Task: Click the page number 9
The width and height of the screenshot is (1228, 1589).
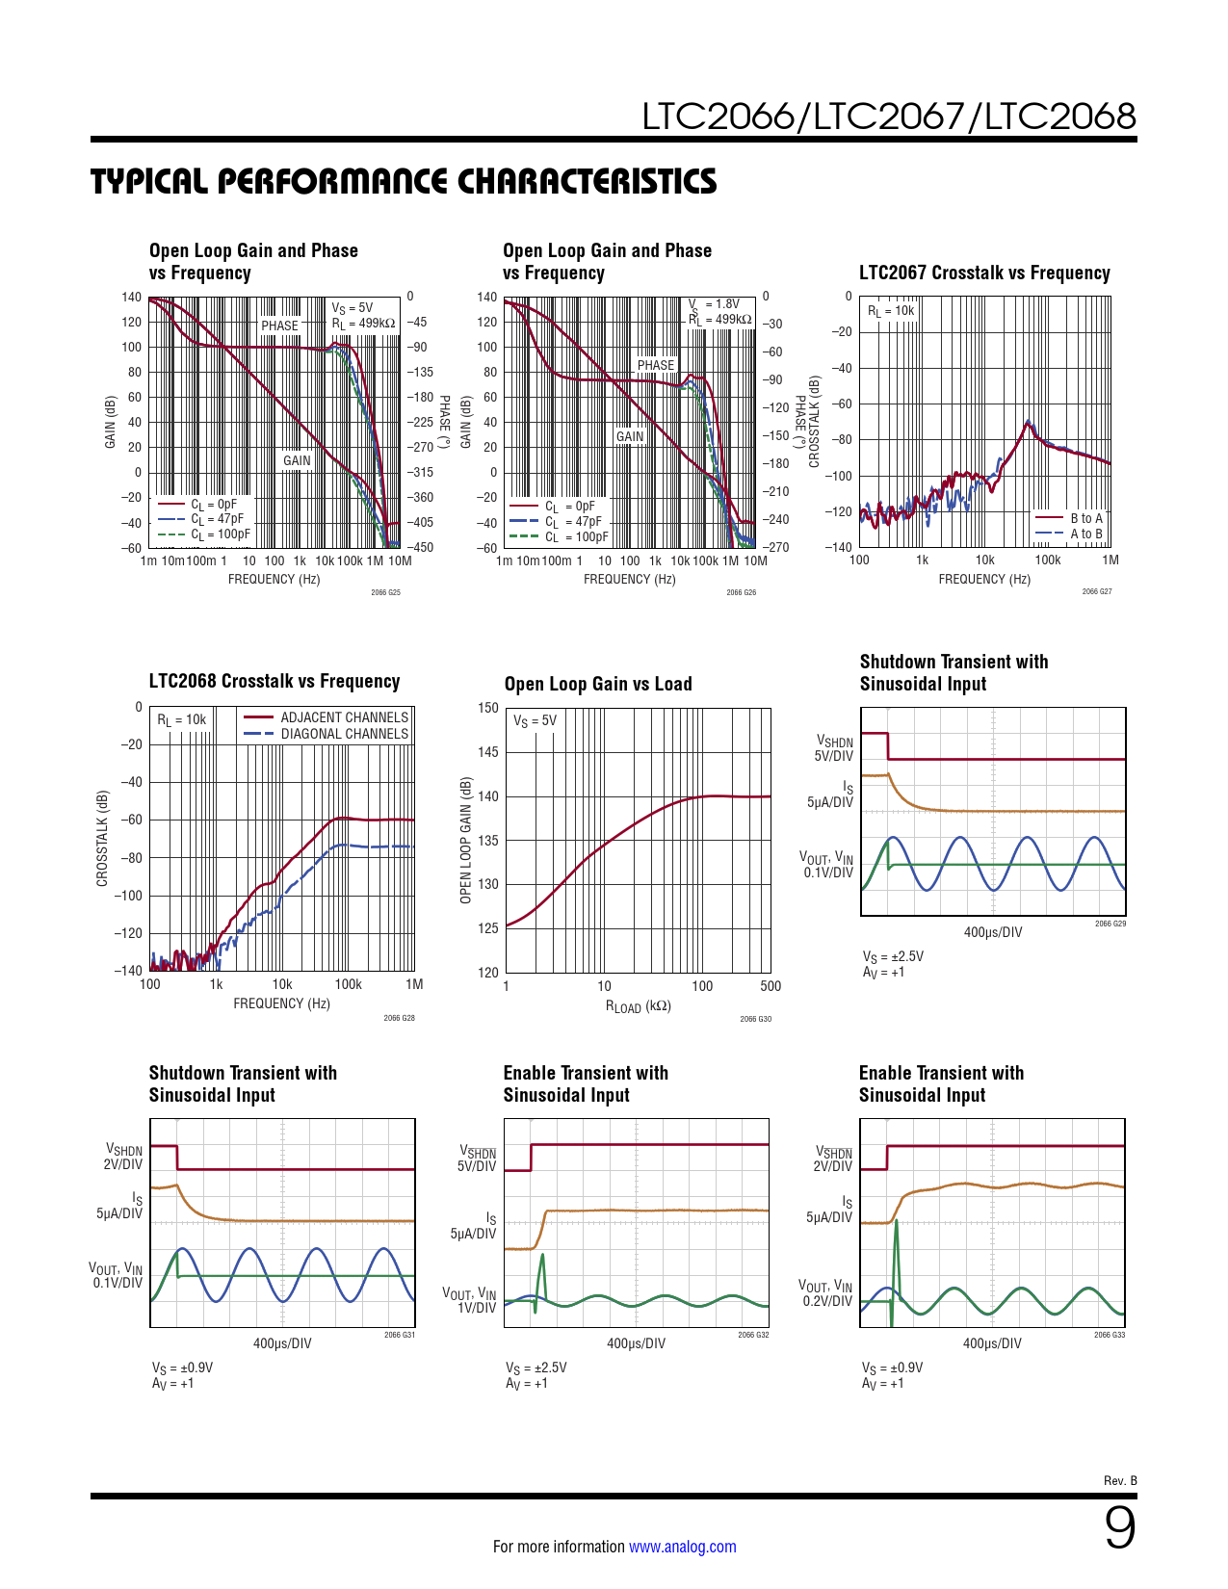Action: click(1119, 1528)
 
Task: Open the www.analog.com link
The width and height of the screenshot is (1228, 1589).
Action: click(682, 1547)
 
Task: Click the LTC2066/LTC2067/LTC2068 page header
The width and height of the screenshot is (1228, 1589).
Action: click(889, 117)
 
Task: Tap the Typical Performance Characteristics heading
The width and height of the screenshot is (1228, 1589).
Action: click(404, 181)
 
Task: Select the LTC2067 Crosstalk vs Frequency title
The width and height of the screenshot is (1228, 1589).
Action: click(984, 273)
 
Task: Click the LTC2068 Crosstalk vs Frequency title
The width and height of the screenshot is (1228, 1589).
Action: click(274, 681)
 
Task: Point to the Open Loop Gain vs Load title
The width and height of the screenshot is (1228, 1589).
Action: click(598, 684)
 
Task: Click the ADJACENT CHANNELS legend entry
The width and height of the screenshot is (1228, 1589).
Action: click(344, 717)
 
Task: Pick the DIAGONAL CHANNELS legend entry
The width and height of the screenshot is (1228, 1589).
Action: click(344, 734)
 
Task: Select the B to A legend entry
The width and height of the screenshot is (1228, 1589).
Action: click(1085, 518)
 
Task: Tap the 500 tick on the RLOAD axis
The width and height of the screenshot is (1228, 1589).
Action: click(771, 986)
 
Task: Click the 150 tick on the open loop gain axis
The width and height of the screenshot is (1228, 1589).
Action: click(488, 708)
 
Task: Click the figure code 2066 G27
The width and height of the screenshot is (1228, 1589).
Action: click(1096, 591)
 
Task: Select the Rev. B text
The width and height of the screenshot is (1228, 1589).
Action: click(1120, 1480)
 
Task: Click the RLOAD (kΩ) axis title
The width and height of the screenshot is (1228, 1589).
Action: click(638, 1006)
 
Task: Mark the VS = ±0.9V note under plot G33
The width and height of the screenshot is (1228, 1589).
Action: click(892, 1368)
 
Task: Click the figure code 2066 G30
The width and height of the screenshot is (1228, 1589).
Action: click(755, 1019)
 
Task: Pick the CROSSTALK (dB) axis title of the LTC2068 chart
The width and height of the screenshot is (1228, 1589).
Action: click(102, 839)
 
